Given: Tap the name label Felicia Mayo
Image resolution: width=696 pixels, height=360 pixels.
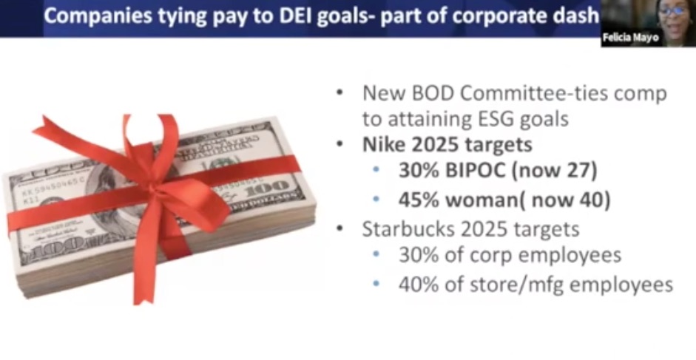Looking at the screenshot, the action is click(x=630, y=38).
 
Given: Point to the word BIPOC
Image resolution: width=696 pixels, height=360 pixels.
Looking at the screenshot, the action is click(x=476, y=171).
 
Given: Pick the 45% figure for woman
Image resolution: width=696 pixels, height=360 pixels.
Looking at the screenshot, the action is click(x=418, y=200).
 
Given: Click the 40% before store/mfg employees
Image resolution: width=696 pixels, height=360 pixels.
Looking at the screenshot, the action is click(x=418, y=284).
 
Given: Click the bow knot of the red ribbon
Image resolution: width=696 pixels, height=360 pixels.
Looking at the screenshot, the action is click(x=157, y=191).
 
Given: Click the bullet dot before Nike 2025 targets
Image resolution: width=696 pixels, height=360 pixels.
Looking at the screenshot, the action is click(x=340, y=145).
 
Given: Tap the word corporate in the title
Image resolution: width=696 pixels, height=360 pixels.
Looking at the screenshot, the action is click(x=486, y=17).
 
